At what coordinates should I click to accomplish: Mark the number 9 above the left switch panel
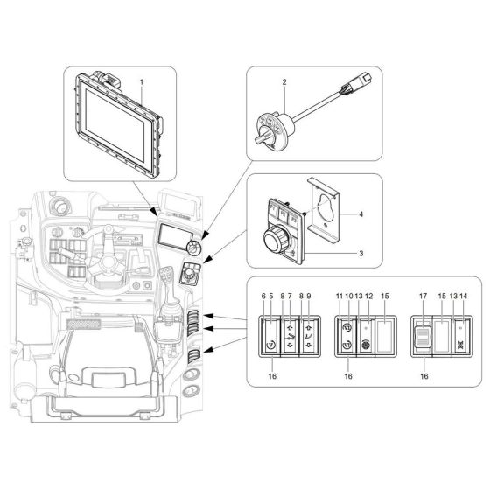coord(309,297)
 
